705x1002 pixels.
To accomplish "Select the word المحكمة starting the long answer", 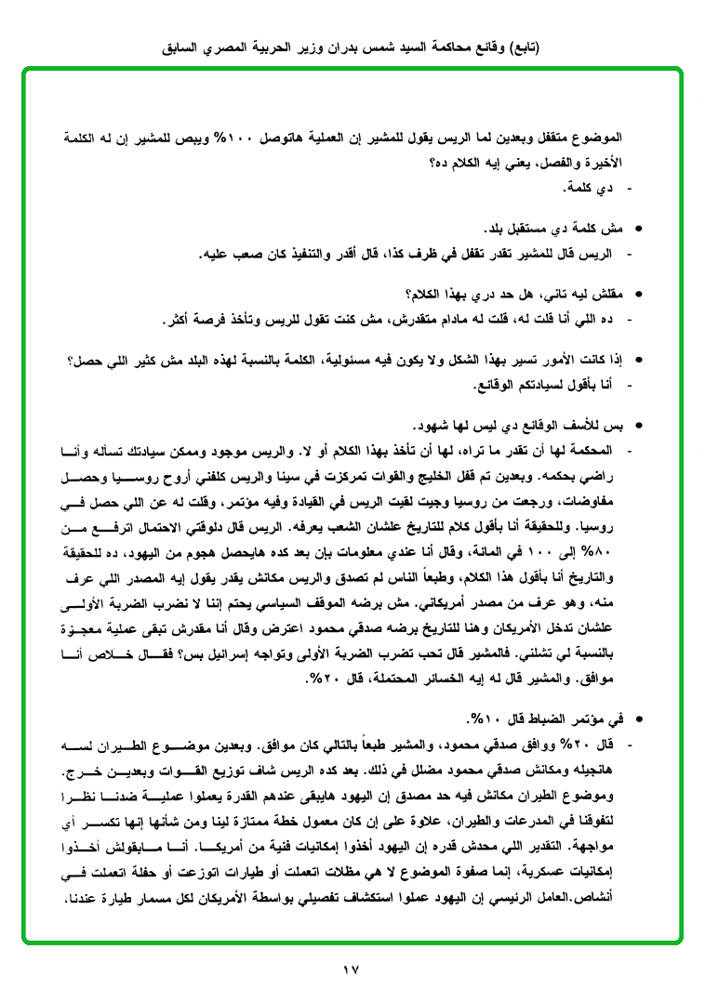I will coord(592,452).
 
